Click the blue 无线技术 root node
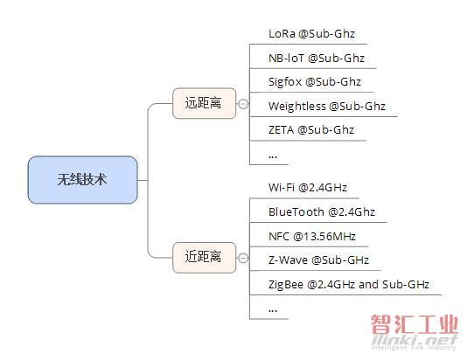[x=83, y=180]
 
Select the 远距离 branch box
[x=205, y=103]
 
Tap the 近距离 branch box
[x=205, y=258]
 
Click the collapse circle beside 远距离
[x=243, y=103]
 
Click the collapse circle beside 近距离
[x=243, y=258]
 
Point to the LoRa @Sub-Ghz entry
[x=311, y=34]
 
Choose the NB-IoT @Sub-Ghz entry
[x=317, y=58]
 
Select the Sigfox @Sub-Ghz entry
[x=315, y=82]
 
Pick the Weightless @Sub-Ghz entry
[x=327, y=107]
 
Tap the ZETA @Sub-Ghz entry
[x=311, y=130]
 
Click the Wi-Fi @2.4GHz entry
[x=308, y=188]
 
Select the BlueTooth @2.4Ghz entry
[x=322, y=212]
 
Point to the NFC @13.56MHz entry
[x=312, y=237]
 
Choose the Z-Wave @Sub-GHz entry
[x=318, y=260]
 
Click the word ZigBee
[x=286, y=285]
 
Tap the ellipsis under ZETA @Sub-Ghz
[x=273, y=156]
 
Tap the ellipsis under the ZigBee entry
[x=273, y=310]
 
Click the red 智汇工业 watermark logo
[x=415, y=324]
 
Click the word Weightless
[x=297, y=107]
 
